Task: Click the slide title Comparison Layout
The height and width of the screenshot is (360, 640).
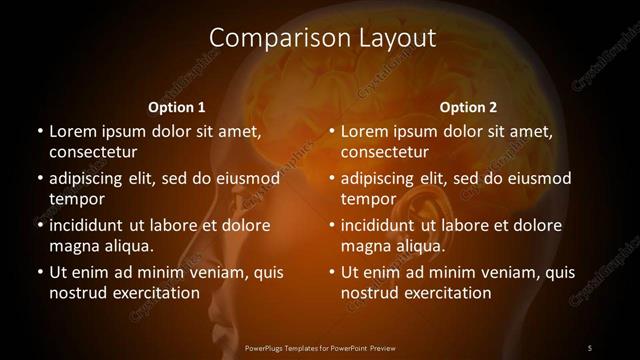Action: tap(322, 39)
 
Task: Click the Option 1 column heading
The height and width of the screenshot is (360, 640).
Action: tap(177, 107)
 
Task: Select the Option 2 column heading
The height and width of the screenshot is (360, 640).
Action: tap(468, 107)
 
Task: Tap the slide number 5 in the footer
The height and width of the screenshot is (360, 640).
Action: tap(590, 347)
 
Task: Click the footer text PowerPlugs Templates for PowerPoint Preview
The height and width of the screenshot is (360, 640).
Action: tap(320, 347)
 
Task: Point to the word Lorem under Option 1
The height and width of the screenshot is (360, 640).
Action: tap(72, 131)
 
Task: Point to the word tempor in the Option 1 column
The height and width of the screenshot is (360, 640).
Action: tap(73, 199)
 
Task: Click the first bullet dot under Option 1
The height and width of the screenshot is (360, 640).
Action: tap(39, 131)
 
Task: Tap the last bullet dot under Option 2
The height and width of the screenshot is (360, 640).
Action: tap(331, 272)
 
